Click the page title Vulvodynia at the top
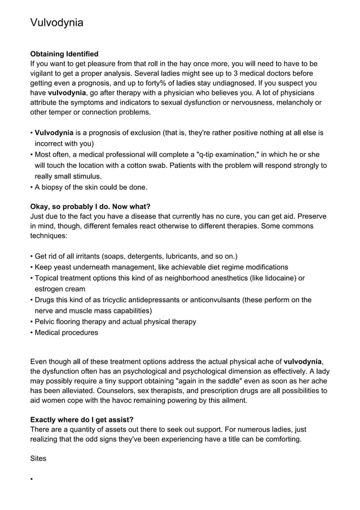(56, 23)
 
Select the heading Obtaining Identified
(64, 54)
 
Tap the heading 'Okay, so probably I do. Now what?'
(90, 206)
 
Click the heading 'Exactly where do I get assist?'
(81, 420)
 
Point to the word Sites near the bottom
(38, 459)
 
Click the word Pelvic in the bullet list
(46, 321)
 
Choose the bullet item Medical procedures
(66, 332)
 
